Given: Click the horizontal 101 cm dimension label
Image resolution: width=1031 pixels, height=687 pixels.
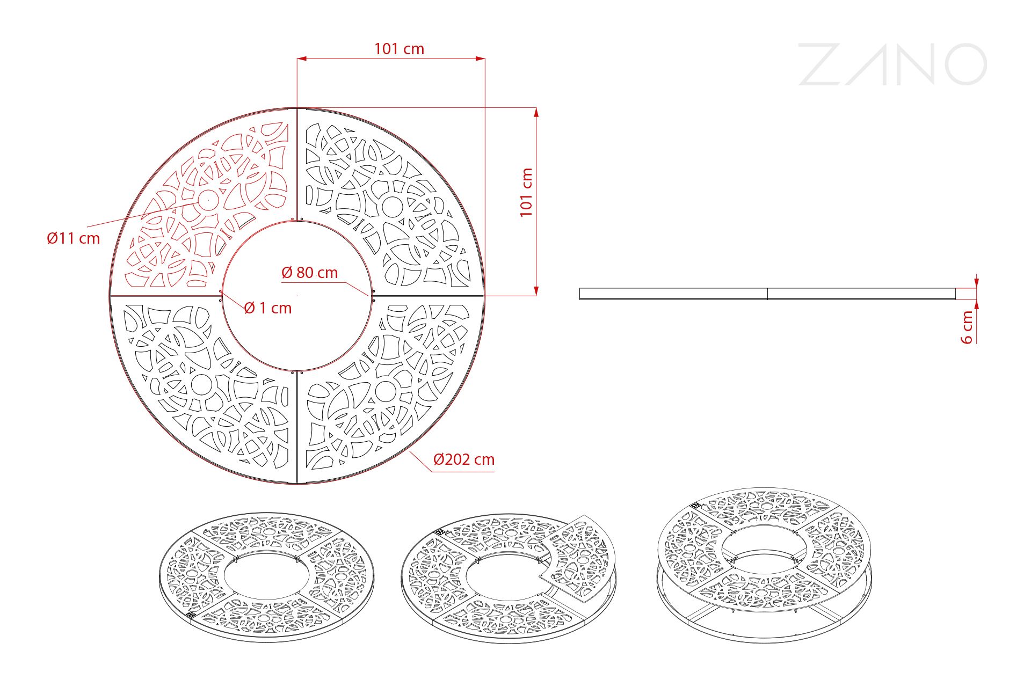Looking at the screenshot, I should [399, 49].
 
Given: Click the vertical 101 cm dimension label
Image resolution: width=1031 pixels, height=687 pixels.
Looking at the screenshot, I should [526, 192].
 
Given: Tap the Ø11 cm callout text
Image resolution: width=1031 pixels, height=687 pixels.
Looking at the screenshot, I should [74, 238].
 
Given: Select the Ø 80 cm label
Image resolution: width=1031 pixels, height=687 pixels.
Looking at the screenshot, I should [310, 273].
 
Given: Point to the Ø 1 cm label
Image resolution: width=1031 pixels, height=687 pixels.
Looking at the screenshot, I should [267, 308].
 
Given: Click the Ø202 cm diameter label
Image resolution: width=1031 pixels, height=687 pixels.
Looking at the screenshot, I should [463, 459].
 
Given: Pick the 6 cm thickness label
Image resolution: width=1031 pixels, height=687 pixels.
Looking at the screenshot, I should [967, 327].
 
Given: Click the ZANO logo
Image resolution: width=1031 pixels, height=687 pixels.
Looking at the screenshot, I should [892, 64].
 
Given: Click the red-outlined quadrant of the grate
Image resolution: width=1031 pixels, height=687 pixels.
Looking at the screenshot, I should [209, 209].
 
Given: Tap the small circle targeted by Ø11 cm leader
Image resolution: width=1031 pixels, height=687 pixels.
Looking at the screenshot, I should [208, 200].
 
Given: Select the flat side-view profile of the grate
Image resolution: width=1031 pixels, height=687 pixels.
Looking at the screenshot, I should [767, 294].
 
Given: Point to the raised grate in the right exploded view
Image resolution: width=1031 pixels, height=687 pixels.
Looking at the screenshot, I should [764, 547].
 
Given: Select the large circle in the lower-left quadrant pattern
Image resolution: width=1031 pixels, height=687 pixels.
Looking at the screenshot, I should [201, 384].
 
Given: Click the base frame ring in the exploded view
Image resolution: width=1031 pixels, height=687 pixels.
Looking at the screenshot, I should [764, 623].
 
